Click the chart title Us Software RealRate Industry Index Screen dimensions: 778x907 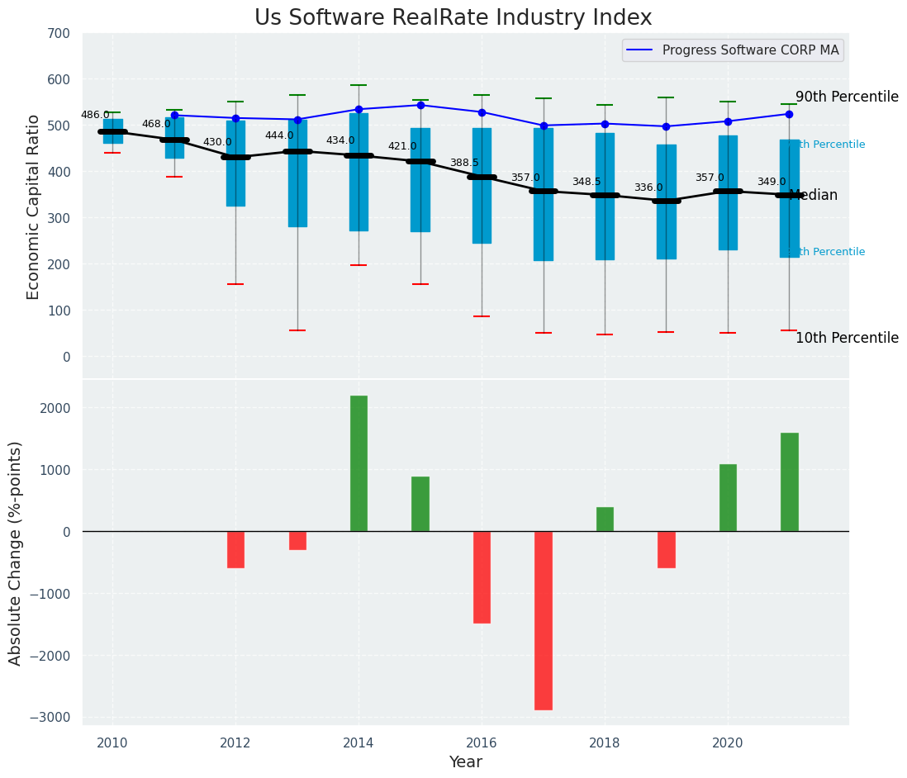[453, 18]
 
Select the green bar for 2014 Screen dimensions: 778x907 [359, 463]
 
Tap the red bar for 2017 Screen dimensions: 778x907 [544, 620]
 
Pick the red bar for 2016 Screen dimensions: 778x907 [482, 577]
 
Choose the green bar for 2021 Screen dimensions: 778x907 [789, 482]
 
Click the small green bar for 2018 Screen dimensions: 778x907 [605, 519]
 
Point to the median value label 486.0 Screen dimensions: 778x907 [95, 115]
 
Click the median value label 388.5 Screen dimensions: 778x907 [464, 163]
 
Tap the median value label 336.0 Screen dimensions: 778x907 [648, 187]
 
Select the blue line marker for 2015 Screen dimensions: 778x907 [420, 105]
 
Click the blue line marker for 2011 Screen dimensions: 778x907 [174, 116]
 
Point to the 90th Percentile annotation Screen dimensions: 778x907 [847, 97]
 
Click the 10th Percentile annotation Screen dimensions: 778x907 [847, 338]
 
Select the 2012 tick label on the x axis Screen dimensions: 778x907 [235, 742]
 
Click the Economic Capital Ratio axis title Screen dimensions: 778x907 [34, 206]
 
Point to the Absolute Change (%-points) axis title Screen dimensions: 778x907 [16, 553]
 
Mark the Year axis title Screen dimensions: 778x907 [466, 762]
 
